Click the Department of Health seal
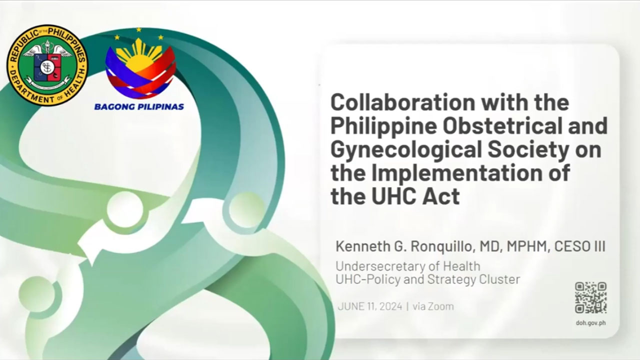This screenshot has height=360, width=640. click(x=47, y=65)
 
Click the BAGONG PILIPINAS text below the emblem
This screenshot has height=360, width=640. click(x=139, y=107)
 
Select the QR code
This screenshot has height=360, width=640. click(x=591, y=297)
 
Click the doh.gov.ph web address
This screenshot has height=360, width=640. click(x=591, y=323)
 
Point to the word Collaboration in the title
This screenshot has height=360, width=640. click(x=403, y=102)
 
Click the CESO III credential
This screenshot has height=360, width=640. click(x=579, y=246)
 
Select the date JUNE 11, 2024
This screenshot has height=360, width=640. click(x=370, y=306)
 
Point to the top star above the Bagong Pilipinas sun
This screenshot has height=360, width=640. click(x=139, y=29)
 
